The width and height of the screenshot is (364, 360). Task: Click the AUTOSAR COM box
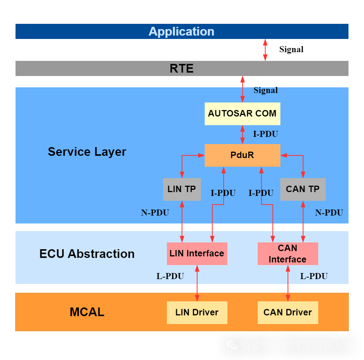pos(242,113)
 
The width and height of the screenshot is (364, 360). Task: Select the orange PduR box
pos(242,155)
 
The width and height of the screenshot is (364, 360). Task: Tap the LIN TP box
pos(182,189)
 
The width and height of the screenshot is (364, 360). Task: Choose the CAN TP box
pos(303,189)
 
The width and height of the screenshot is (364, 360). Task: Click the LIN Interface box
pos(197,253)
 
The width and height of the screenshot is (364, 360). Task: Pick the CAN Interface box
pos(288,253)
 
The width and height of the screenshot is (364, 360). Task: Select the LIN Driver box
pos(197,312)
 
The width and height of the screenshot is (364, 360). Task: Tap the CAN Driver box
pos(288,312)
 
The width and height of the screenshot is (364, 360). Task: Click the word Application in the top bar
pos(181,31)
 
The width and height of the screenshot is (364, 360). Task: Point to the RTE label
pos(182,68)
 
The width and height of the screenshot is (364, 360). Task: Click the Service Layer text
pos(87,152)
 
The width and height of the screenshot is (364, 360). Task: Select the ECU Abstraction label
pos(87,253)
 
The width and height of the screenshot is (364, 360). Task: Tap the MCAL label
pos(87,312)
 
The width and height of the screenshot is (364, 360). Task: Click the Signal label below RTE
pos(265,90)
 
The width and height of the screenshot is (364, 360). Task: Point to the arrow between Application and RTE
pos(265,50)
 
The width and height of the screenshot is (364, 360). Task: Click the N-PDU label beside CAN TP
pos(329,213)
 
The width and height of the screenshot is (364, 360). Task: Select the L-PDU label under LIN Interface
pos(170,276)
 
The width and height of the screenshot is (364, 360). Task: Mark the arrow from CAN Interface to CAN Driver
pos(288,283)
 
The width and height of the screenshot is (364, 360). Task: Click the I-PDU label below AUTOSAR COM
pos(265,134)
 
